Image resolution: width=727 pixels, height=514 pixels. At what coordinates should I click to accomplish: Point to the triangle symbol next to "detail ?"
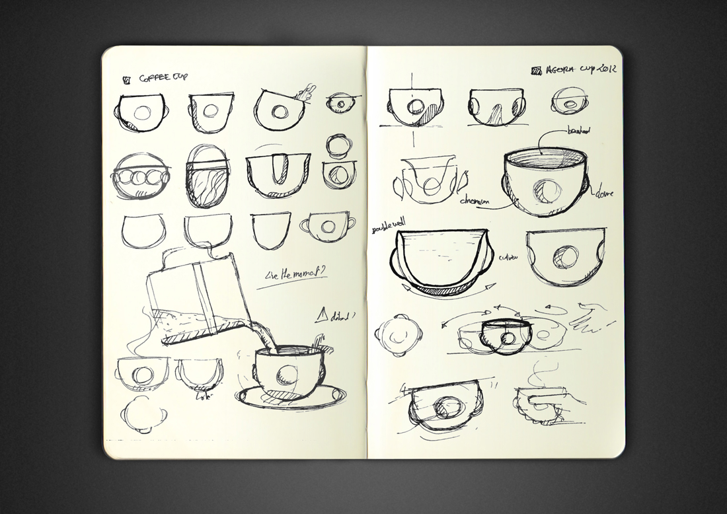tap(322, 316)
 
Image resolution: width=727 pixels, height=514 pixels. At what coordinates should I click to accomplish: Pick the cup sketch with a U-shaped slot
tap(278, 175)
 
